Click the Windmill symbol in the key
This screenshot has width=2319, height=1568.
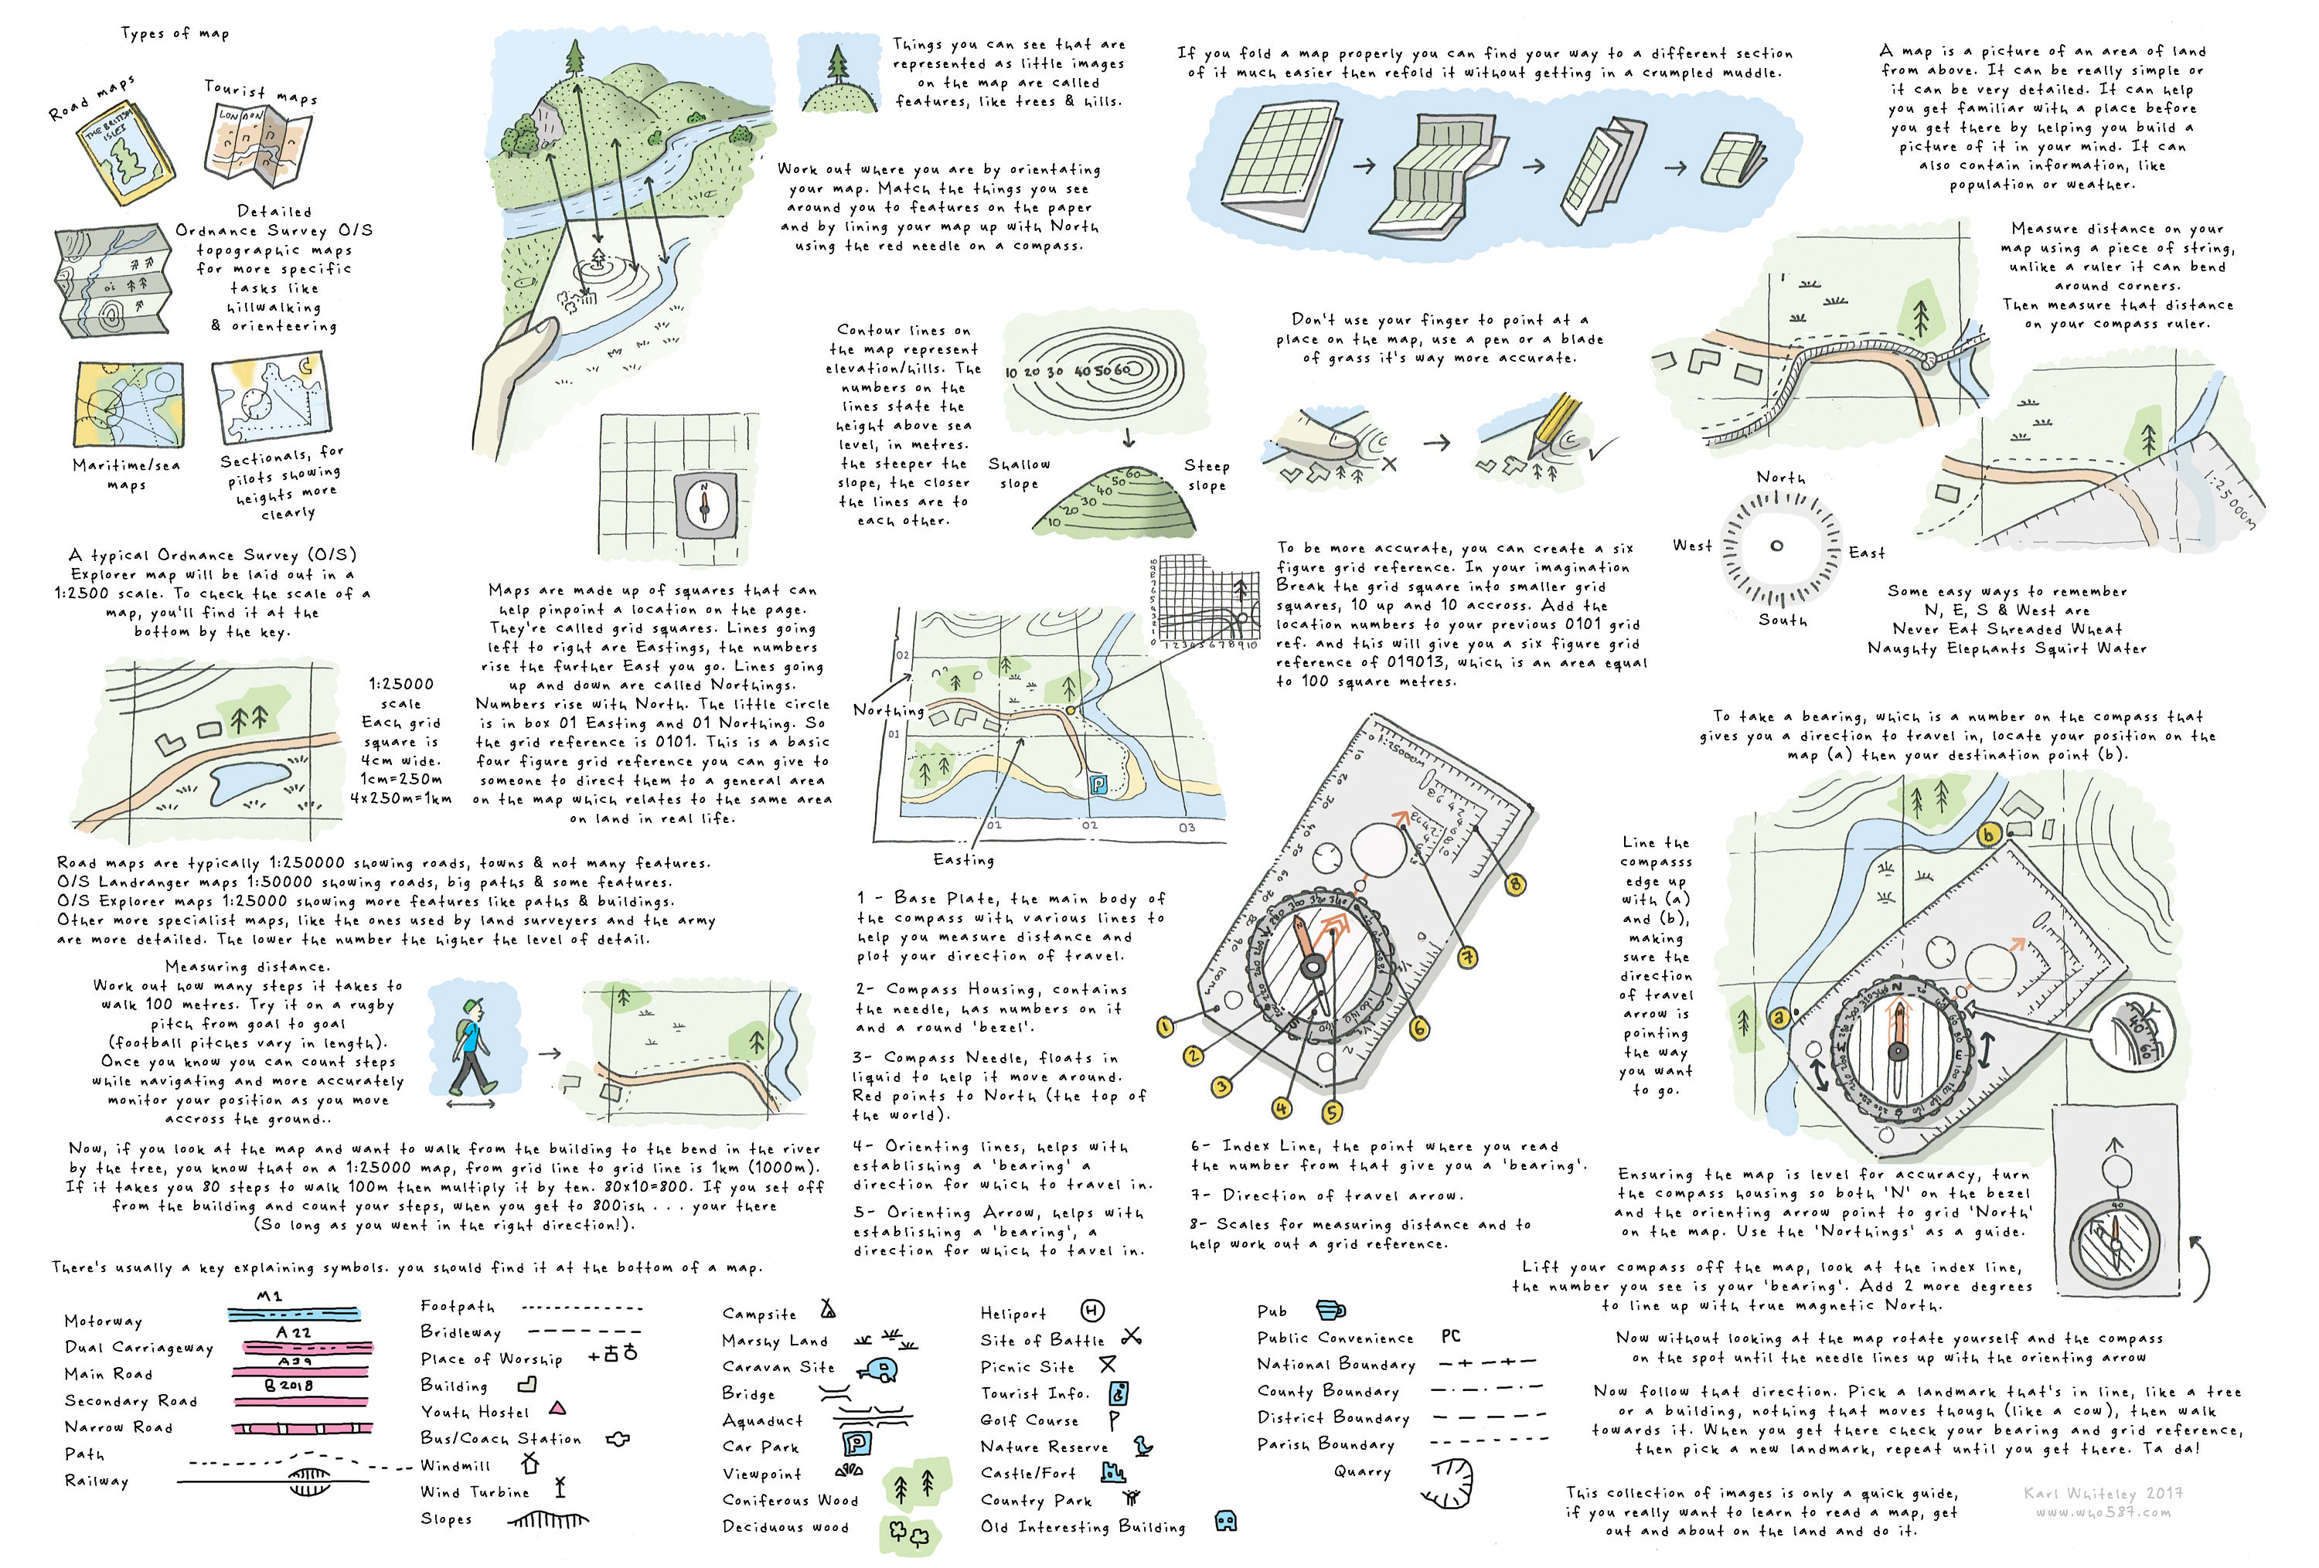point(530,1463)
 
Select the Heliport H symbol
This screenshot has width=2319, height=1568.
point(1091,1311)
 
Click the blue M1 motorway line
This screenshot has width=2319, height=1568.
point(294,1314)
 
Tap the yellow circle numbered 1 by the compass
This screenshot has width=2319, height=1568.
point(1163,1026)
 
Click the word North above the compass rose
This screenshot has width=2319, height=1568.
point(1780,478)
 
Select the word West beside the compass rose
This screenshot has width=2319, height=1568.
point(1691,546)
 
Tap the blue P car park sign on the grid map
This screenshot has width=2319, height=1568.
point(1098,784)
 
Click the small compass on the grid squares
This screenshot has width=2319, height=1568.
point(704,504)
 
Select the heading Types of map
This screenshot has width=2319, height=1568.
point(175,34)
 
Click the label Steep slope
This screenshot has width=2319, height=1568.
point(1207,474)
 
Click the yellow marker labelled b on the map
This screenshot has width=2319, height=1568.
point(1989,835)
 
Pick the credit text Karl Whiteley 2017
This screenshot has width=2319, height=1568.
point(2103,1493)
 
